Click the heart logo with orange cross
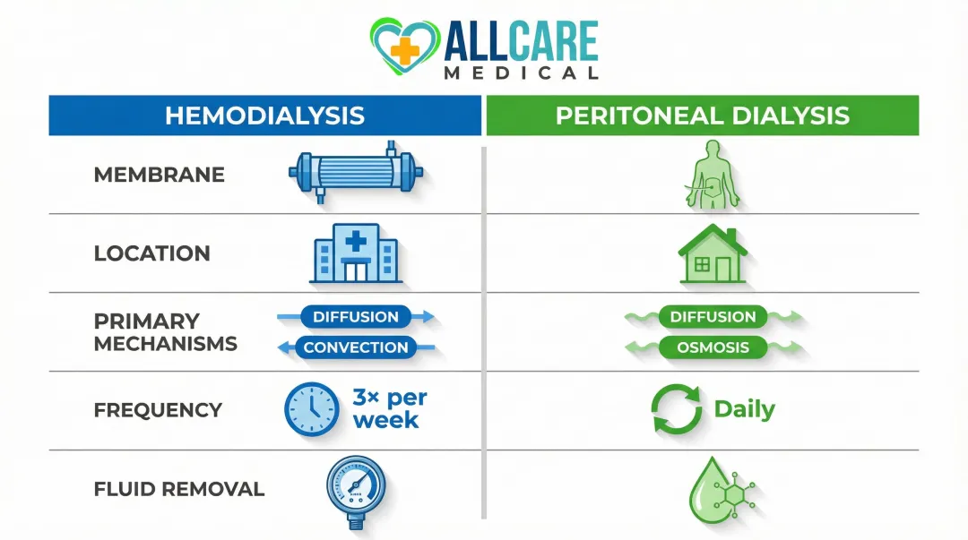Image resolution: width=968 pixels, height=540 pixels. point(404,47)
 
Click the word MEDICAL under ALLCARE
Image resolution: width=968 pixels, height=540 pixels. point(521,73)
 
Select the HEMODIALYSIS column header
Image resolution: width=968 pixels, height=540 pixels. point(265,116)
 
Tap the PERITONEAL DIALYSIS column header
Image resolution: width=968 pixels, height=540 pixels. point(702,116)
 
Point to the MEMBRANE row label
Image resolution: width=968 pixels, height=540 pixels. point(159,175)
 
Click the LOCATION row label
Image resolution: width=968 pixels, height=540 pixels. point(151,253)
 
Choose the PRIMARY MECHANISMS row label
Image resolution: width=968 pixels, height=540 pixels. point(165,332)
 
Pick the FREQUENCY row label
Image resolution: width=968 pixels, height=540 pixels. point(158,410)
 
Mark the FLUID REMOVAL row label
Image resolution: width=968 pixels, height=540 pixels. point(178,489)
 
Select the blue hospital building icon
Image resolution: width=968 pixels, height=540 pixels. point(355,253)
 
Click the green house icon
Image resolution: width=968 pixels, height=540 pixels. point(713,255)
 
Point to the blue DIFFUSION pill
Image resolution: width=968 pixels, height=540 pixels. point(356,317)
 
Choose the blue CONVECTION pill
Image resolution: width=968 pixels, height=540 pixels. point(356,347)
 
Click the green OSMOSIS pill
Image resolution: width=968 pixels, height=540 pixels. point(713,347)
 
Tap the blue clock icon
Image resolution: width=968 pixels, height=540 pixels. point(311,410)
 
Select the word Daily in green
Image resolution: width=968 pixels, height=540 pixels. point(744,410)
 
